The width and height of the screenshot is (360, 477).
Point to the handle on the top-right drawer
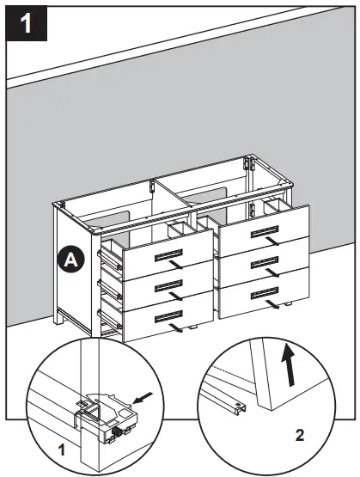[259, 231]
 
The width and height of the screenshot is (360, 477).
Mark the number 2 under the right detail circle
[299, 436]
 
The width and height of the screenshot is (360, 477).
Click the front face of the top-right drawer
[266, 236]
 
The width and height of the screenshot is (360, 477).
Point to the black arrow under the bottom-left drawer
[176, 330]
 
